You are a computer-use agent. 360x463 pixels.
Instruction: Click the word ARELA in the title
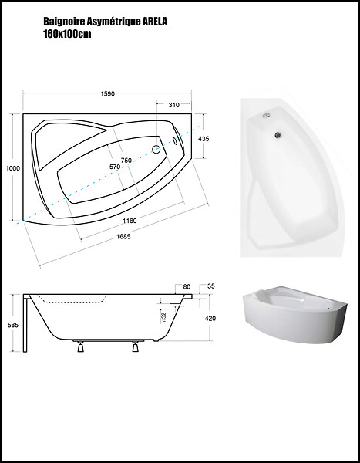[155, 22]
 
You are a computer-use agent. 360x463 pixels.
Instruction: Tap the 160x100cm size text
[67, 34]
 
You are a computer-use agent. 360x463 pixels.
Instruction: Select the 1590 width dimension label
[108, 93]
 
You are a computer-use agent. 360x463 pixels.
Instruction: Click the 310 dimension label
[173, 105]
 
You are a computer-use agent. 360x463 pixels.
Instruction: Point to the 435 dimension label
[204, 138]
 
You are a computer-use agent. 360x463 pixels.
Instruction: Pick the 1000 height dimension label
[13, 168]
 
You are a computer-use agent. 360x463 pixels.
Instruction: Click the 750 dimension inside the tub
[126, 161]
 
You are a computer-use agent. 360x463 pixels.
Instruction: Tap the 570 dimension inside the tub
[115, 167]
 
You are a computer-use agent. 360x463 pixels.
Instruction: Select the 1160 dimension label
[130, 221]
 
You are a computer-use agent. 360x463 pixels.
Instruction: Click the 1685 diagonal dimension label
[123, 237]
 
